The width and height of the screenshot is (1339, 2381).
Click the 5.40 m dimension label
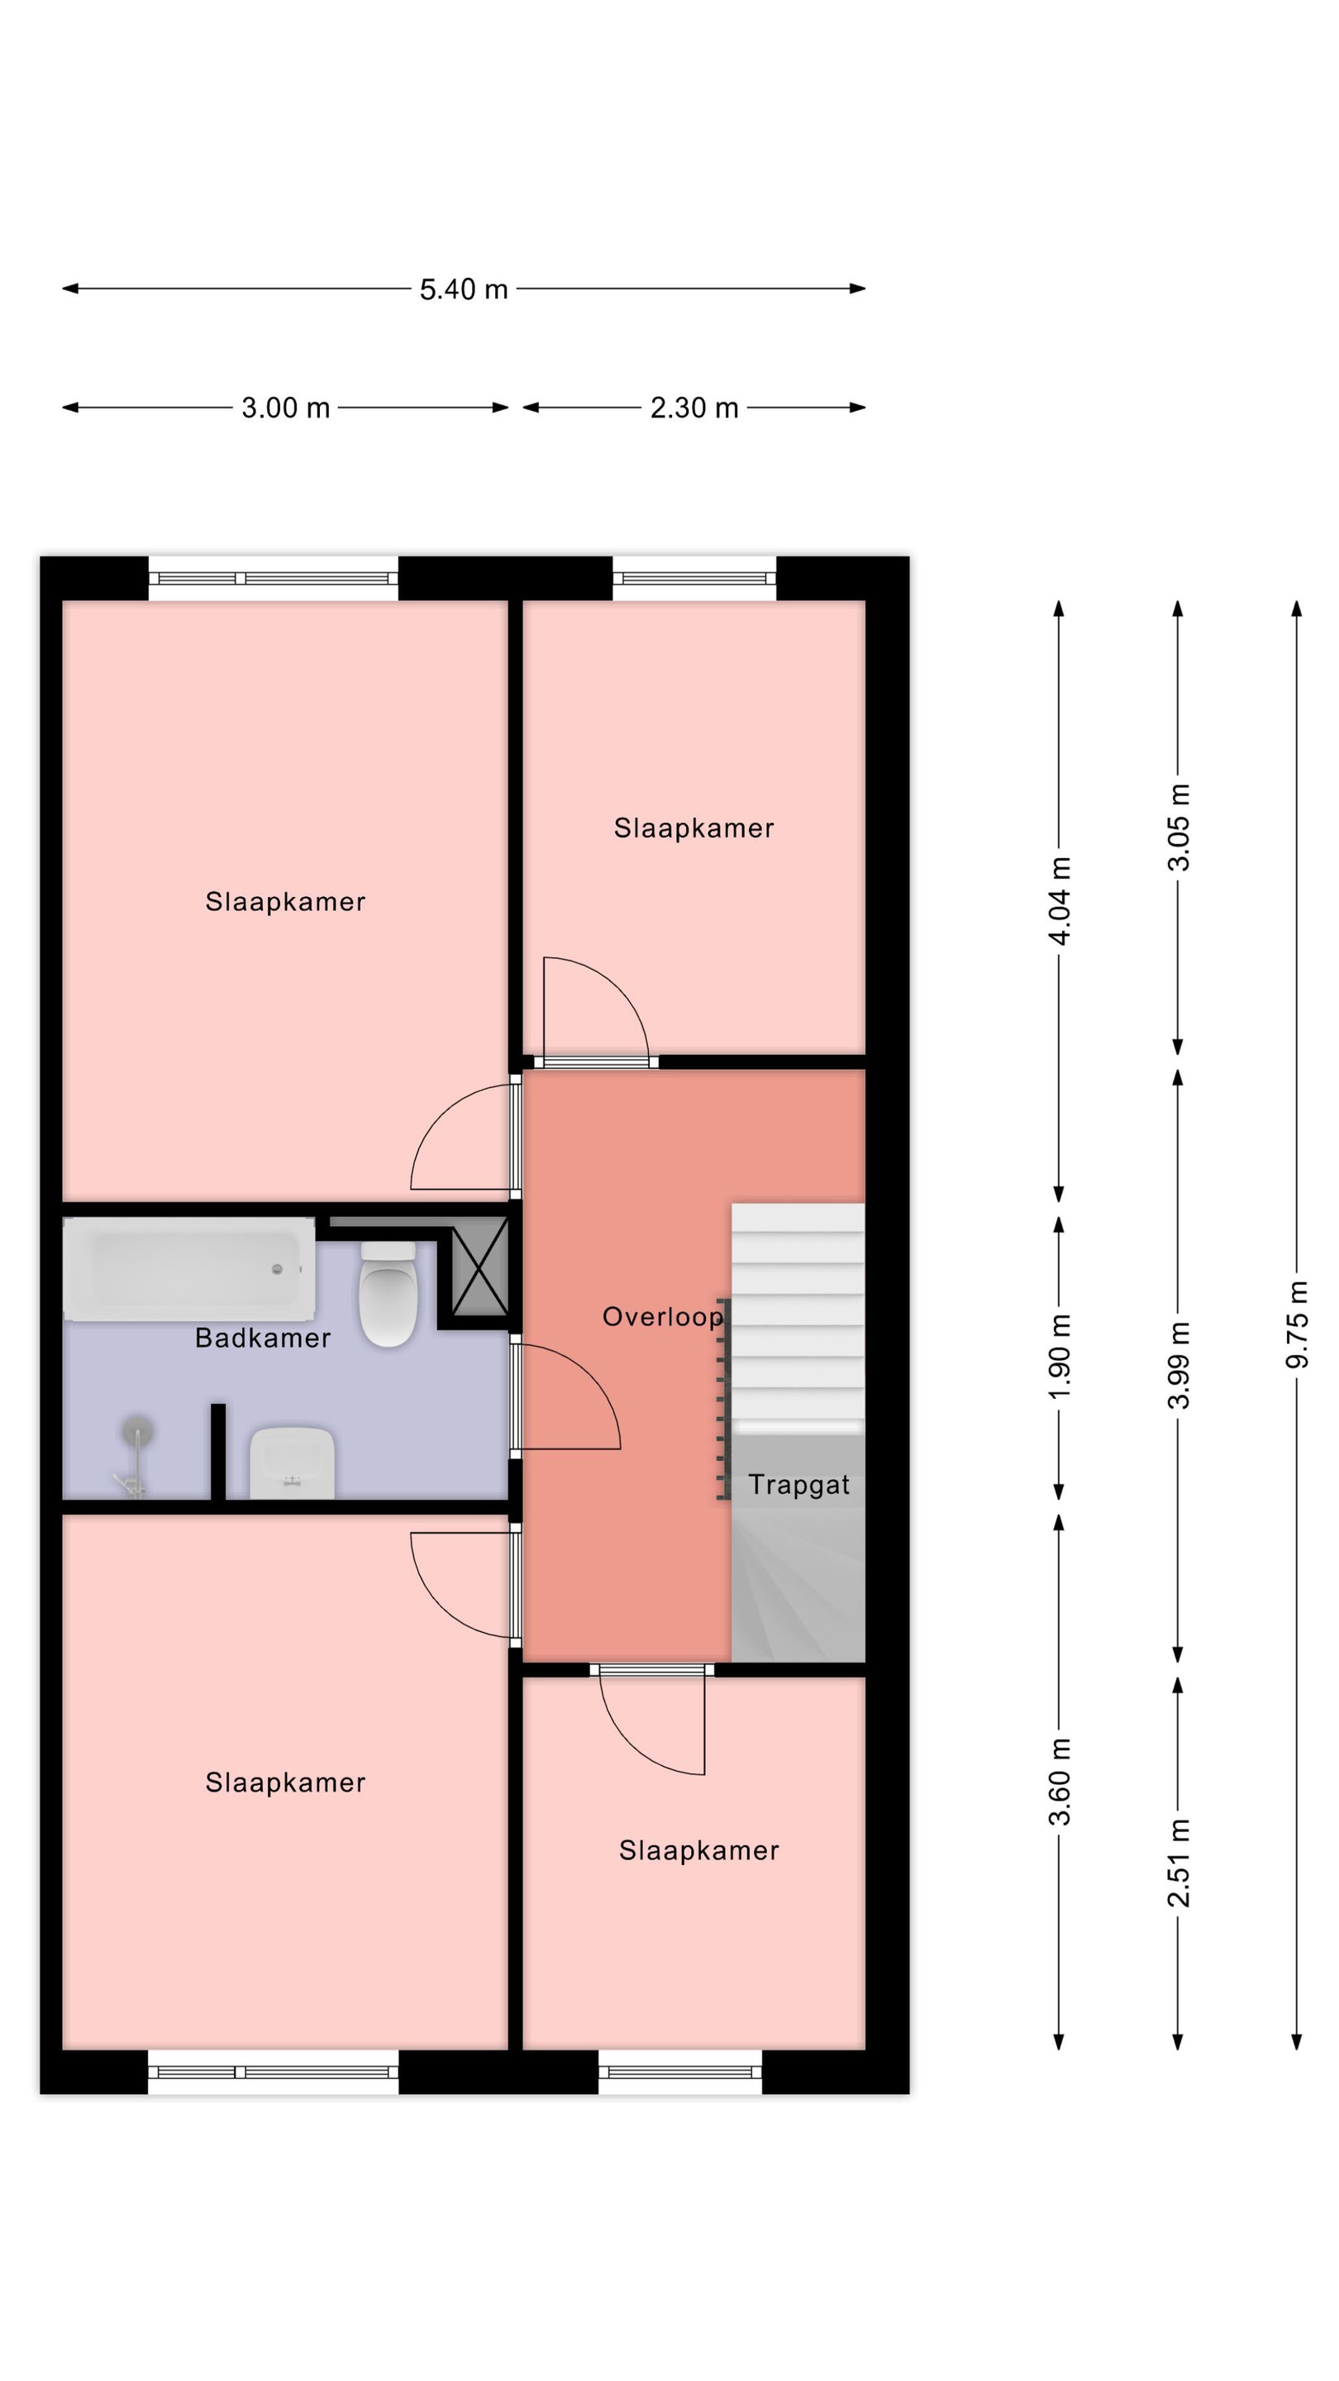pos(463,289)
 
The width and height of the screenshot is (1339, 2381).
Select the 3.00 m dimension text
pos(285,408)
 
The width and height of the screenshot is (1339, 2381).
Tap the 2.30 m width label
pos(694,408)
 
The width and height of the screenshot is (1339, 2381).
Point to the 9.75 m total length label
pos(1297,1324)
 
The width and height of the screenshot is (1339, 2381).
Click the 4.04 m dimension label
pos(1059,901)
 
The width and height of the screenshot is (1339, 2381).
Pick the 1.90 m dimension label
pos(1059,1357)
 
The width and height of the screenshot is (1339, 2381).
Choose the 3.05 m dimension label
pos(1178,828)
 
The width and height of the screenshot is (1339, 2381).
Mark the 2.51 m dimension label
pos(1178,1863)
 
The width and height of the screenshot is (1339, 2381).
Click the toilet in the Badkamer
pos(388,1293)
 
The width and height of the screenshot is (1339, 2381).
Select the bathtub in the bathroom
pos(188,1268)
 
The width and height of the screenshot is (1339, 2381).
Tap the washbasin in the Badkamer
pos(292,1462)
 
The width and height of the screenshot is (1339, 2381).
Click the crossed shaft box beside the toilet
pos(479,1267)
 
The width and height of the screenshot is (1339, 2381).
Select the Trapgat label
pos(798,1485)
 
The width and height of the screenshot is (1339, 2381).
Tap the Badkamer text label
pos(263,1338)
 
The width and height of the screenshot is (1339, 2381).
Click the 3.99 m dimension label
pos(1178,1365)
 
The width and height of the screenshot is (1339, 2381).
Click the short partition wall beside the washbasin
pos(218,1451)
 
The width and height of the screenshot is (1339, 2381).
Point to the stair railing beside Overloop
pos(723,1399)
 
